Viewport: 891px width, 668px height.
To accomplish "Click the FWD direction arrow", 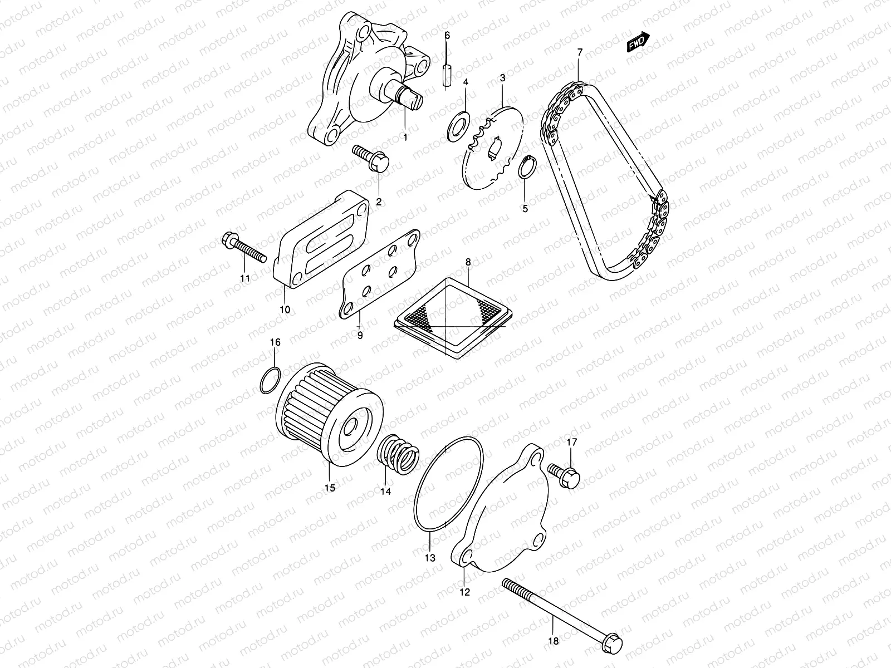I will [638, 42].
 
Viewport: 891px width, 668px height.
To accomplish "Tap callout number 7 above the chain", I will [579, 52].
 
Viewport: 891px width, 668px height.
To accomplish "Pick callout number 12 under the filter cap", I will [465, 592].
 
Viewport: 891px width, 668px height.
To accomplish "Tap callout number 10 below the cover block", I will [285, 310].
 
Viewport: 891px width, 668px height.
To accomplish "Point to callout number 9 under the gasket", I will [360, 336].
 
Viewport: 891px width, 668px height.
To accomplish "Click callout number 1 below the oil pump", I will [405, 136].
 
